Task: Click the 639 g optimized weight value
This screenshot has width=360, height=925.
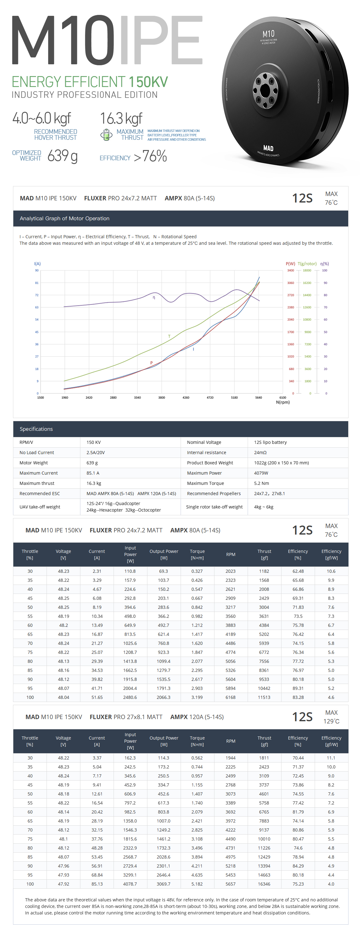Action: coord(62,156)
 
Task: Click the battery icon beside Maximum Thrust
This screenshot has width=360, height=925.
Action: coord(106,135)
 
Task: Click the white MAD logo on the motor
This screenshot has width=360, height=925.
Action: coord(268,148)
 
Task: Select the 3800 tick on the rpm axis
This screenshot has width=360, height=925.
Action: coord(161,398)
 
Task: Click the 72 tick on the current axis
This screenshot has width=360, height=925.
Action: coord(37,295)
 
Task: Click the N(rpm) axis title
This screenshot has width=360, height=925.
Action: coord(283,402)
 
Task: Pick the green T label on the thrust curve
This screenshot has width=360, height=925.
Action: coord(169,336)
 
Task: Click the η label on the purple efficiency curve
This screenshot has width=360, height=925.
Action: coord(154,297)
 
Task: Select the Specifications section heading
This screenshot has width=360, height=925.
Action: coord(36,429)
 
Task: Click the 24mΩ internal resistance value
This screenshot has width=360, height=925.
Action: coord(260,453)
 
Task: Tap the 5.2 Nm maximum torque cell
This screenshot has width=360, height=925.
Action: coord(261,483)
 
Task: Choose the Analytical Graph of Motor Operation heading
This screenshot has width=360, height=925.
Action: coord(65,218)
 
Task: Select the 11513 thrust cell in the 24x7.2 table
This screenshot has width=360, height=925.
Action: coord(264,697)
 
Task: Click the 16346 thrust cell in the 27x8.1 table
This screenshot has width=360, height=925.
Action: coord(264,884)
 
